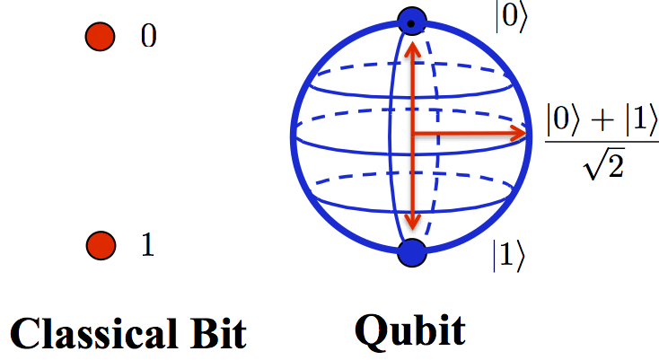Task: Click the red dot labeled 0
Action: point(100,37)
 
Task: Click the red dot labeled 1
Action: point(101,245)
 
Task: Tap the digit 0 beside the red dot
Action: point(148,36)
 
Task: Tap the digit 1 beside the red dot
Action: point(147,244)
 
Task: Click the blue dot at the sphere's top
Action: point(412,22)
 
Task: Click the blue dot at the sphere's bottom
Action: point(412,252)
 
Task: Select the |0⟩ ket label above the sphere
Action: point(511,17)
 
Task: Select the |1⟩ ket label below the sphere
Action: point(509,256)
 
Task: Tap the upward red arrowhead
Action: point(413,50)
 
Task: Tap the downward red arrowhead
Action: point(413,222)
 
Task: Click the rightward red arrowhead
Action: point(518,134)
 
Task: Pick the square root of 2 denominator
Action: point(603,164)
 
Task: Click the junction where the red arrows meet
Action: point(413,134)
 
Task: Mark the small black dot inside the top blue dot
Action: point(411,23)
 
